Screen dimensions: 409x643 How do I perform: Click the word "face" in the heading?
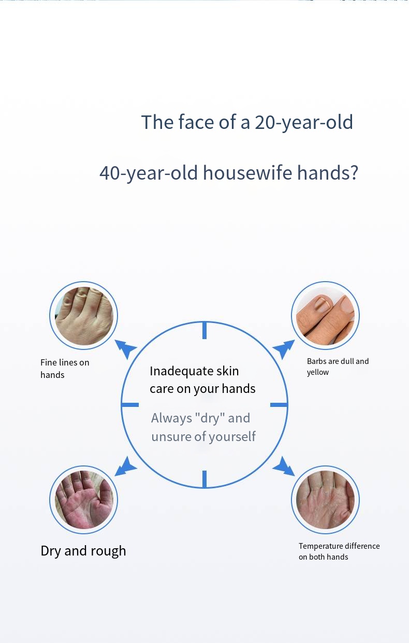click(x=196, y=122)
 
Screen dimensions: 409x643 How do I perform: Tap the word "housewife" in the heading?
click(x=247, y=173)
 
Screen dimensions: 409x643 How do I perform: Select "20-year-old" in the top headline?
click(x=304, y=123)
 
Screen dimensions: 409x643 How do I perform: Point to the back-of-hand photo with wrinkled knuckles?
click(x=83, y=315)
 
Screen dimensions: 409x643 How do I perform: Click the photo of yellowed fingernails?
click(x=325, y=315)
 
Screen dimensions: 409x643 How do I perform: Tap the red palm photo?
click(x=83, y=500)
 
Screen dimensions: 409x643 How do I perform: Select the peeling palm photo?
click(x=325, y=500)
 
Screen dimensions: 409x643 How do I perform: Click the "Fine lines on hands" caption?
click(x=65, y=369)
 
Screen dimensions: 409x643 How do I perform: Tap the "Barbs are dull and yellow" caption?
click(x=338, y=367)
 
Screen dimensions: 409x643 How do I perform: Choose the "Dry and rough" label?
click(x=83, y=551)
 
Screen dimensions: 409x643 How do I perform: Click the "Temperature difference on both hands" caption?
click(x=339, y=551)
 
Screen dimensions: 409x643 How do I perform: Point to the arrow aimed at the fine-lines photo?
click(x=126, y=349)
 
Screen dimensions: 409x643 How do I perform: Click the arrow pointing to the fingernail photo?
click(x=284, y=349)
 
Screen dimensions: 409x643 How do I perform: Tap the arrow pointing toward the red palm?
click(x=126, y=466)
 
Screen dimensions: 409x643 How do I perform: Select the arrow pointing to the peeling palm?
click(x=284, y=466)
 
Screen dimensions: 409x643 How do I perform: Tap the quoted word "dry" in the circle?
click(x=210, y=418)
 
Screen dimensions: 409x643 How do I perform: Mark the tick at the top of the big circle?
click(x=204, y=330)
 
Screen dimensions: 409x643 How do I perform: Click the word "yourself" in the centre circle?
click(x=232, y=436)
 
